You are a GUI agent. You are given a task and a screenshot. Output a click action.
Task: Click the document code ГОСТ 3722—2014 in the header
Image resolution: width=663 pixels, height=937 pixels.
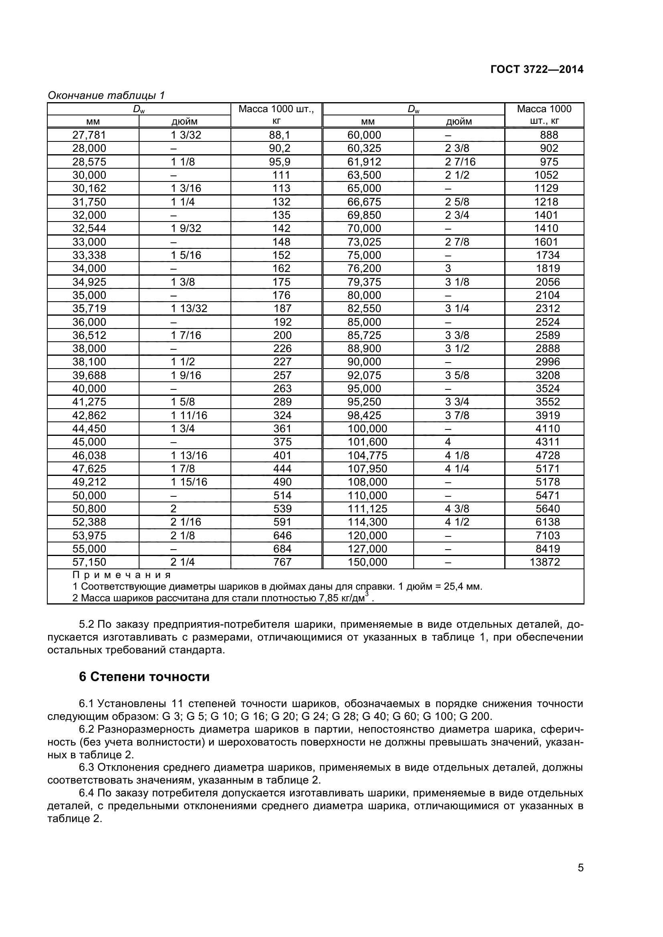pos(537,70)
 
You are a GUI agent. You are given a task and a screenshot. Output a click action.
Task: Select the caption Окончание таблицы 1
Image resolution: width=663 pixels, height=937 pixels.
pos(106,95)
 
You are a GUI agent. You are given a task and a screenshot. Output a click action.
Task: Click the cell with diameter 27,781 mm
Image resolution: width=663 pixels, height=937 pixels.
pos(89,135)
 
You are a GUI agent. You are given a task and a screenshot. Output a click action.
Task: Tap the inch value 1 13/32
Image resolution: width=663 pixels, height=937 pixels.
pos(189,308)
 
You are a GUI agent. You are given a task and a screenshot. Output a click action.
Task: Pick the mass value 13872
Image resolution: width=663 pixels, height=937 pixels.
pos(545,562)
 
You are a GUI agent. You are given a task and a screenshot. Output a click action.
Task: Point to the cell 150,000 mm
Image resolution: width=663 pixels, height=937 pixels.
pos(368,562)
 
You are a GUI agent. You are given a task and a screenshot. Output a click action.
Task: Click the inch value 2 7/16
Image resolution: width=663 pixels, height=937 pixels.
pos(460,162)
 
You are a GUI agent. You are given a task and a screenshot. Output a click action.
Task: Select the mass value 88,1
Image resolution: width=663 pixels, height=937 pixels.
pos(280,135)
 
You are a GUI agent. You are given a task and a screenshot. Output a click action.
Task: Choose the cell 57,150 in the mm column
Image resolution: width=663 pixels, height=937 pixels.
pos(89,562)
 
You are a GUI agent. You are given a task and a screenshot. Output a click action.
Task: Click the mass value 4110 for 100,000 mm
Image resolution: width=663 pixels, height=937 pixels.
pos(548,429)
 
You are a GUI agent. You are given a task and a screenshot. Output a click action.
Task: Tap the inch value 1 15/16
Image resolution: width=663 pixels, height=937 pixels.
pos(189,482)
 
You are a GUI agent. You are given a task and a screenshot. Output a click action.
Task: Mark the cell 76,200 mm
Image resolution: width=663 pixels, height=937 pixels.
pos(364,268)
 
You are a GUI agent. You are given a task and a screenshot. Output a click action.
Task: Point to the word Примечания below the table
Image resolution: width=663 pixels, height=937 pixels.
pos(122,575)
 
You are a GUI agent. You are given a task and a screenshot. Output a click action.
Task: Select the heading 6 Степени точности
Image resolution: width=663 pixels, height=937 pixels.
pos(144,677)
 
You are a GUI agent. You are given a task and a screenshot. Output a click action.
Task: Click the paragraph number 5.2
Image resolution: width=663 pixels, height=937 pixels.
pos(87,625)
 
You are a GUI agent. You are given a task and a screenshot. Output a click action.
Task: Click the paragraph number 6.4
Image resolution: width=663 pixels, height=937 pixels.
pos(87,793)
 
